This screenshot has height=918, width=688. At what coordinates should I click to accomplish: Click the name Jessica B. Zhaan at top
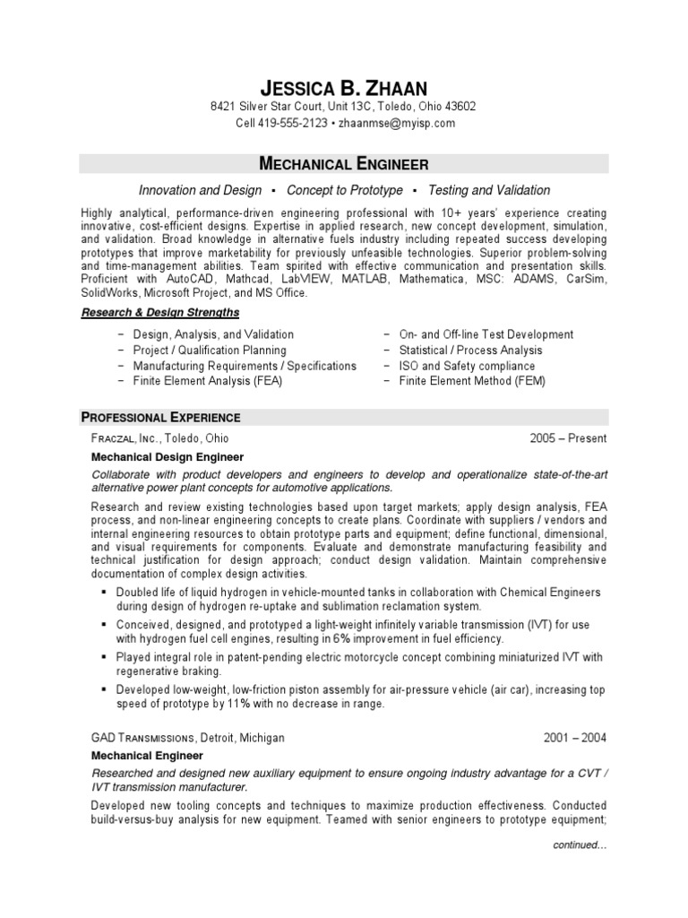(343, 87)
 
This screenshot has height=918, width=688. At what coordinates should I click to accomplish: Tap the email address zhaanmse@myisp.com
(396, 123)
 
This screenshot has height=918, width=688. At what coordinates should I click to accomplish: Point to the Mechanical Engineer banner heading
(343, 163)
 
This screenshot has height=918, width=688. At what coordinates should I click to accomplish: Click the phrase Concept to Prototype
(345, 190)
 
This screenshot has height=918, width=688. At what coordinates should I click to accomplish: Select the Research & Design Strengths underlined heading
(160, 313)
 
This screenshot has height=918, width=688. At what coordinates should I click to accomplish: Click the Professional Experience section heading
(161, 417)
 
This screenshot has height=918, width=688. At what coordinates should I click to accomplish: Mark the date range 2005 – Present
(568, 438)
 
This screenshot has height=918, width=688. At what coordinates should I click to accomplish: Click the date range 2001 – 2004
(575, 738)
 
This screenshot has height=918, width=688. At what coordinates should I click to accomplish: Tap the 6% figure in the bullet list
(344, 639)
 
